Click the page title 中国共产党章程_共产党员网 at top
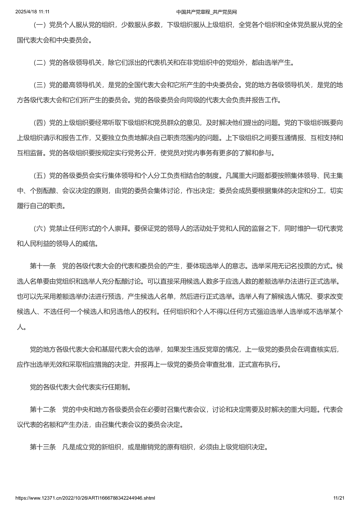pyautogui.click(x=206, y=12)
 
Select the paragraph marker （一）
pyautogui.click(x=40, y=25)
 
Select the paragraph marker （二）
pyautogui.click(x=40, y=63)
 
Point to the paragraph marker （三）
pyautogui.click(x=40, y=85)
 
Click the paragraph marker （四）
pyautogui.click(x=40, y=123)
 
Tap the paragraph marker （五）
pyautogui.click(x=40, y=176)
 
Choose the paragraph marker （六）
pyautogui.click(x=40, y=229)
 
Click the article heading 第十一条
pyautogui.click(x=43, y=266)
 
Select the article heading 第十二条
pyautogui.click(x=43, y=410)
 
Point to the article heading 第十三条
pyautogui.click(x=43, y=447)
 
